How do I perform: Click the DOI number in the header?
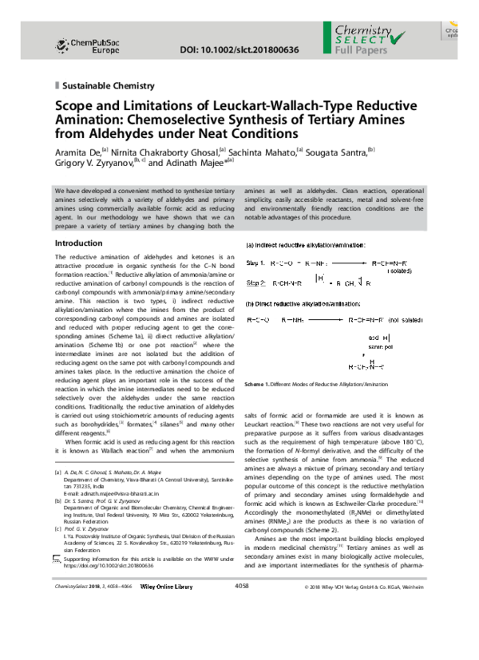(243, 49)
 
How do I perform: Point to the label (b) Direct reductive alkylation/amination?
(303, 304)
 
